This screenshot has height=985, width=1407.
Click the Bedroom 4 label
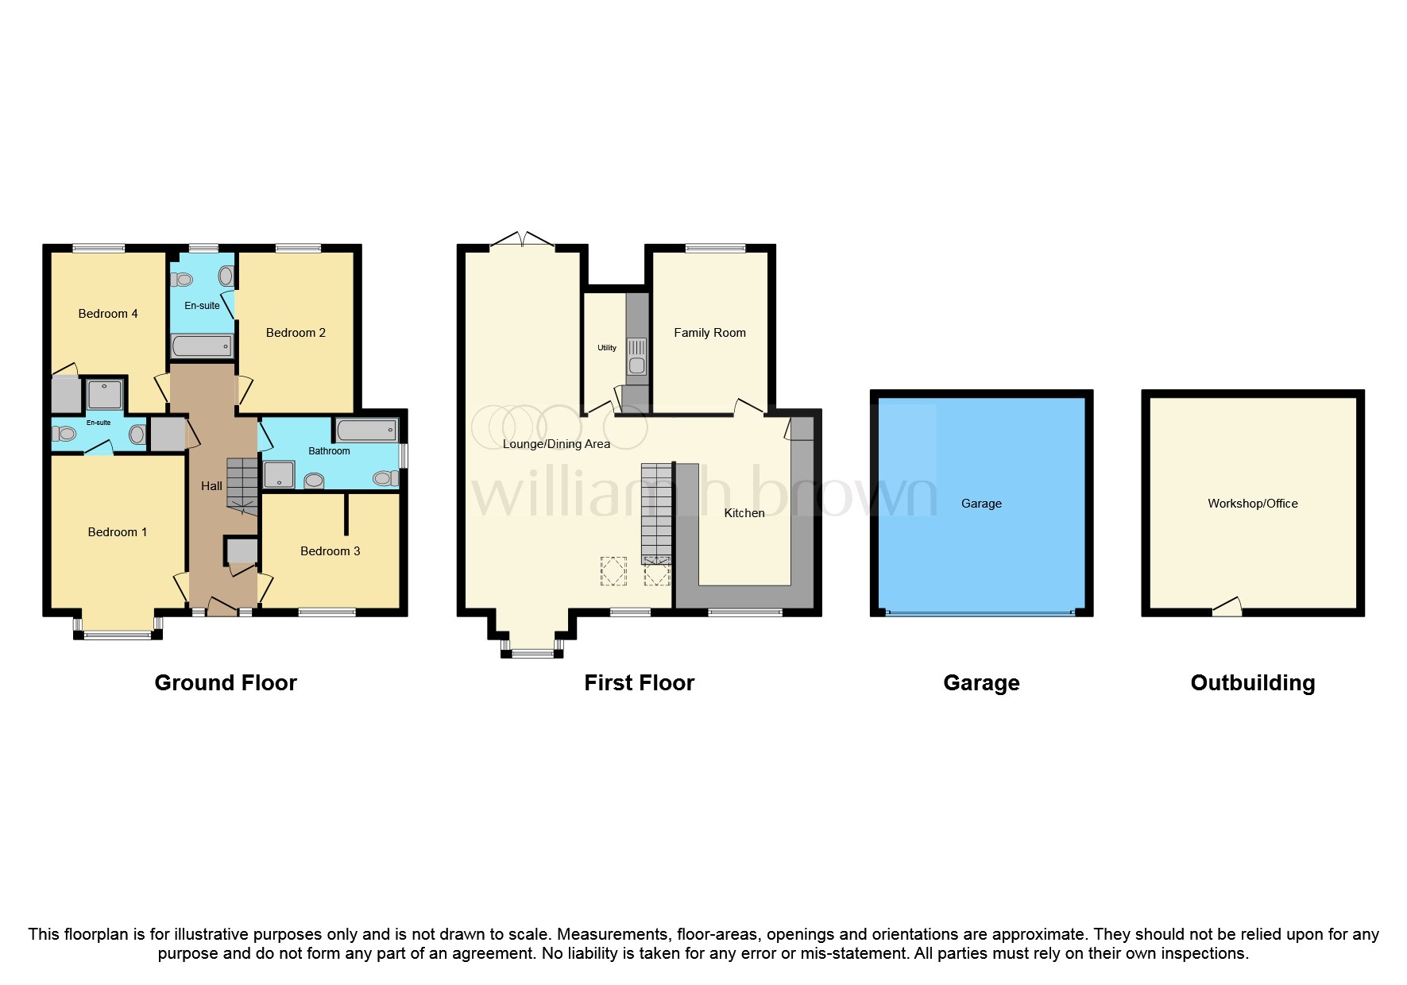pyautogui.click(x=108, y=314)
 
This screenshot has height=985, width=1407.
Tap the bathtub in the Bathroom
pyautogui.click(x=366, y=431)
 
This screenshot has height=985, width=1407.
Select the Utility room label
pyautogui.click(x=607, y=348)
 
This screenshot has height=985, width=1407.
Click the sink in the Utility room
pyautogui.click(x=636, y=365)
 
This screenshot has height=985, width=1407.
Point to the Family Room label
pyautogui.click(x=709, y=333)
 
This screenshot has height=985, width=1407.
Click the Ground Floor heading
pyautogui.click(x=226, y=683)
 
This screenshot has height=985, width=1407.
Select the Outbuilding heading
pyautogui.click(x=1252, y=683)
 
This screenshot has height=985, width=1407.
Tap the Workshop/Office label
pyautogui.click(x=1252, y=504)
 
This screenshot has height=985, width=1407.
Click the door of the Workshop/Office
pyautogui.click(x=1227, y=608)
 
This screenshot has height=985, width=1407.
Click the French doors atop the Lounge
pyautogui.click(x=522, y=240)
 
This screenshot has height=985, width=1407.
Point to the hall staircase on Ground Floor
pyautogui.click(x=242, y=483)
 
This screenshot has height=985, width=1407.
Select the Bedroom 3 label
pyautogui.click(x=330, y=551)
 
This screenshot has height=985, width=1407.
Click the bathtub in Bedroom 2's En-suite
pyautogui.click(x=202, y=346)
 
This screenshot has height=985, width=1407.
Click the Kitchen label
pyautogui.click(x=744, y=513)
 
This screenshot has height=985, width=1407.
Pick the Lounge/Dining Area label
pyautogui.click(x=556, y=444)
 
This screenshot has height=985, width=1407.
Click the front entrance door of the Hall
pyautogui.click(x=222, y=608)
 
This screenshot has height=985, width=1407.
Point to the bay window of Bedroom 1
pyautogui.click(x=118, y=634)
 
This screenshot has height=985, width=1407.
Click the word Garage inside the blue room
pyautogui.click(x=981, y=504)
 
